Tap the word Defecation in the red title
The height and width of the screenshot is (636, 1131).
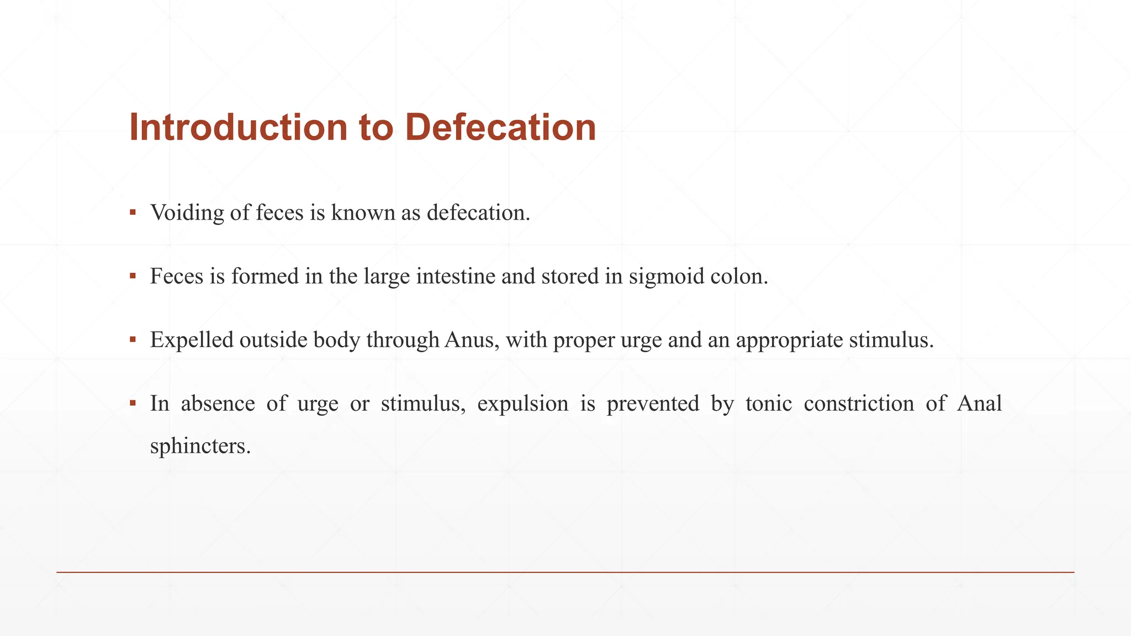500,128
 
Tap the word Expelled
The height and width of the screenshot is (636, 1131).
192,340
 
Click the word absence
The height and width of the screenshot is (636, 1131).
218,404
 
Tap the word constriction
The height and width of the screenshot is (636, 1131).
858,404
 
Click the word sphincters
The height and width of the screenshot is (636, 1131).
200,446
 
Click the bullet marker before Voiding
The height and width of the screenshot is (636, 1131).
133,212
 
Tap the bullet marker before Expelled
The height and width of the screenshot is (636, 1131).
133,339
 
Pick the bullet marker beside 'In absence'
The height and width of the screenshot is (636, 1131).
133,403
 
